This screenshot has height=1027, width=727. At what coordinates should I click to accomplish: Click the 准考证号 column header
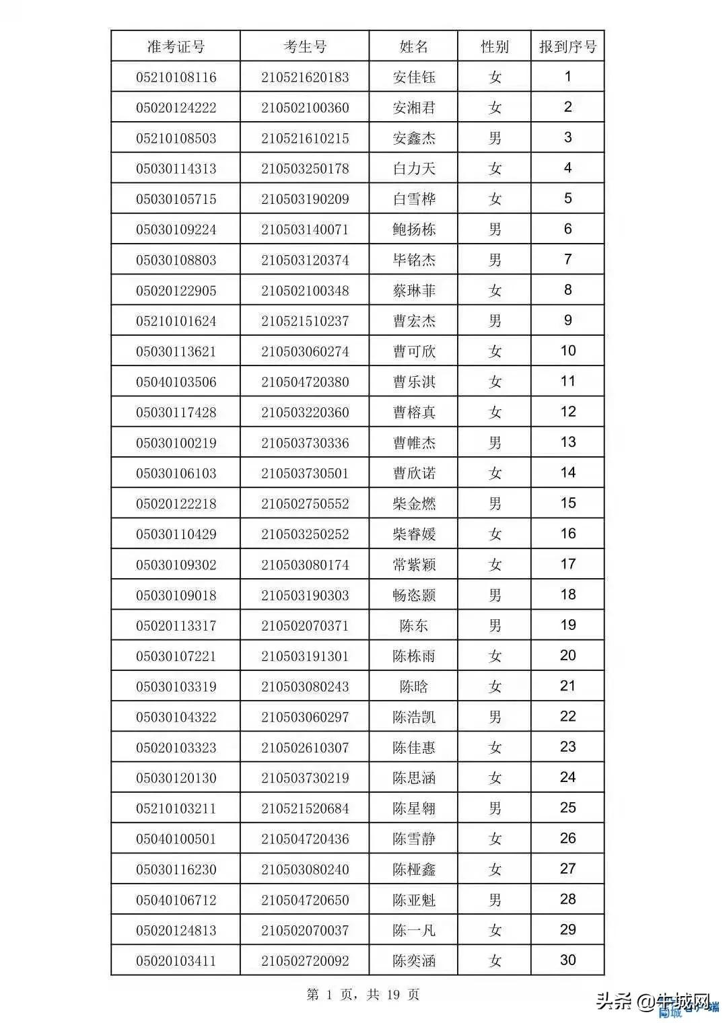pyautogui.click(x=176, y=46)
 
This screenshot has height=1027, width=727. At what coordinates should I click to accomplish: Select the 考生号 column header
pyautogui.click(x=305, y=46)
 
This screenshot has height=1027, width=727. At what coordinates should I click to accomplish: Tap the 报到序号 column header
pyautogui.click(x=567, y=46)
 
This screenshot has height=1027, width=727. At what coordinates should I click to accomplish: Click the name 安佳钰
pyautogui.click(x=414, y=77)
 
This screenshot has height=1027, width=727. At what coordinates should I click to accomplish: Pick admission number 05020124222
pyautogui.click(x=176, y=108)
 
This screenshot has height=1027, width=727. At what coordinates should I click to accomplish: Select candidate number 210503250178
pyautogui.click(x=305, y=168)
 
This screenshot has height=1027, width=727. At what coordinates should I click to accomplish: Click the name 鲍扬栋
pyautogui.click(x=414, y=229)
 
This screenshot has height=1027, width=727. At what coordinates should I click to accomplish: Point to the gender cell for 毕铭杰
pyautogui.click(x=495, y=260)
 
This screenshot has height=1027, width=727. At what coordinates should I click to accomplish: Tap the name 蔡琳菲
pyautogui.click(x=414, y=291)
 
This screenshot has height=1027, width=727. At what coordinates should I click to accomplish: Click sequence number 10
pyautogui.click(x=567, y=351)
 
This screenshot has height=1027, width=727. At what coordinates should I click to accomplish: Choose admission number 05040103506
pyautogui.click(x=176, y=382)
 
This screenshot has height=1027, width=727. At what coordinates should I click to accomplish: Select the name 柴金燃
pyautogui.click(x=414, y=503)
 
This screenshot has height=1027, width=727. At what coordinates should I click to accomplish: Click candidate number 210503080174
pyautogui.click(x=305, y=565)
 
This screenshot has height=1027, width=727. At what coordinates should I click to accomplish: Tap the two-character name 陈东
pyautogui.click(x=414, y=625)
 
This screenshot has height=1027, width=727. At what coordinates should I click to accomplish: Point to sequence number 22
pyautogui.click(x=567, y=716)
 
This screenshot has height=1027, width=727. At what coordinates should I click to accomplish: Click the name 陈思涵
pyautogui.click(x=414, y=778)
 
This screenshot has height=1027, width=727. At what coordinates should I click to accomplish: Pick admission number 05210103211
pyautogui.click(x=176, y=808)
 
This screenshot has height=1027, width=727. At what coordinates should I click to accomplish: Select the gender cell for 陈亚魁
pyautogui.click(x=495, y=900)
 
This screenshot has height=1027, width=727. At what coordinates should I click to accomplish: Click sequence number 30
pyautogui.click(x=567, y=960)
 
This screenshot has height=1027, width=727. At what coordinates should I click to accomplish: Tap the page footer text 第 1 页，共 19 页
pyautogui.click(x=363, y=994)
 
